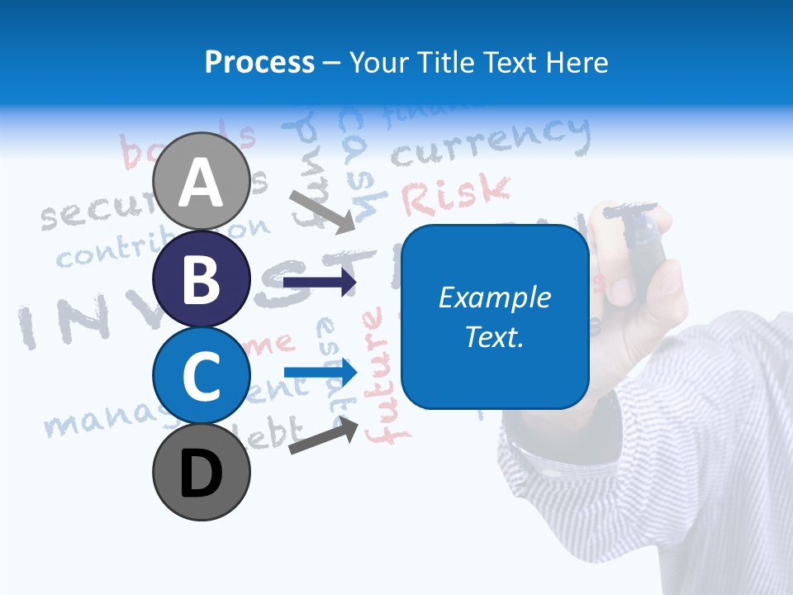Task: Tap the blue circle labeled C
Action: pos(202,375)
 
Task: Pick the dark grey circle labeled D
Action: pos(202,472)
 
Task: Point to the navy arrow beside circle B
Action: pos(320,283)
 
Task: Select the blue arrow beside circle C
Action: pos(320,373)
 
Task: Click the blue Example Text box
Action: pos(495,317)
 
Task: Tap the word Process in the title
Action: pos(259,62)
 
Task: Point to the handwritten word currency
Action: pos(491,142)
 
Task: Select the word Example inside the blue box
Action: pos(495,297)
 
